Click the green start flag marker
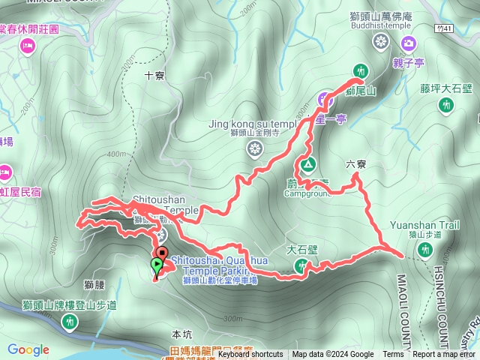pos(156,265)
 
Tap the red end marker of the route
pos(161,243)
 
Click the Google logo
pos(28,349)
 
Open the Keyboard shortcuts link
pos(250,355)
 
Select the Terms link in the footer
pos(393,355)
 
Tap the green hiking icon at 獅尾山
pos(361,70)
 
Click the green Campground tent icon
pos(306,164)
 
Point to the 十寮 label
pos(154,75)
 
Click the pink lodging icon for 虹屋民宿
pos(6,171)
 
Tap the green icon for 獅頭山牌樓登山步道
pos(70,322)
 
